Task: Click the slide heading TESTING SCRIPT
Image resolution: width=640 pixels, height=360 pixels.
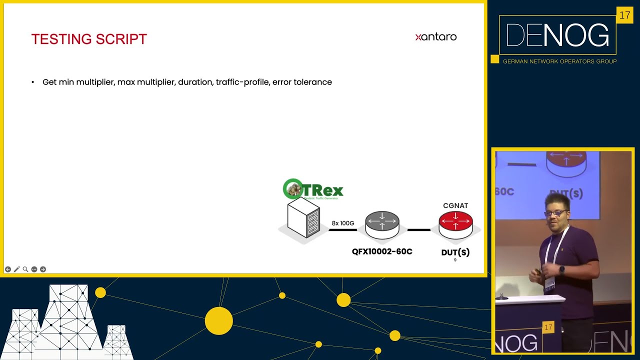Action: [x=89, y=39]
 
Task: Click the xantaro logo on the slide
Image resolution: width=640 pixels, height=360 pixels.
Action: [x=435, y=36]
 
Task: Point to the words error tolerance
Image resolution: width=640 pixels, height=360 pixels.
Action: [x=302, y=82]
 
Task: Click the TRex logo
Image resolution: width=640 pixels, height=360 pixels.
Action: [x=313, y=189]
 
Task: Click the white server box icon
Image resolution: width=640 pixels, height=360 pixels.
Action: [x=303, y=217]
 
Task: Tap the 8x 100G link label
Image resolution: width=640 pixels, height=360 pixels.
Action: [x=343, y=223]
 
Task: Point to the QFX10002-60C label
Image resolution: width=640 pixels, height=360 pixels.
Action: [x=382, y=251]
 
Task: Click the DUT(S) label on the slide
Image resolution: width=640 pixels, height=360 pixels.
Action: [x=455, y=252]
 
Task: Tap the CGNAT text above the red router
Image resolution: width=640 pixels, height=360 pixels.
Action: [x=455, y=205]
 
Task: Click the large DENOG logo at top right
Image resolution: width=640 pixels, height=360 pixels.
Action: [x=557, y=35]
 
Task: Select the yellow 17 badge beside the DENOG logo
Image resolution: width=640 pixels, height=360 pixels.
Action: [x=624, y=15]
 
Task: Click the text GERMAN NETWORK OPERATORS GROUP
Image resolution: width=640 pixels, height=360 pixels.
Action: [x=559, y=61]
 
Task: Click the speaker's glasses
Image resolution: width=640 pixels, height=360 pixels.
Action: [x=555, y=213]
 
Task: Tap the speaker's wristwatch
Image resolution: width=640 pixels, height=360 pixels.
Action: [x=562, y=269]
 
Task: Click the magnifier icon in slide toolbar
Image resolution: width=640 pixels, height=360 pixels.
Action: [x=25, y=269]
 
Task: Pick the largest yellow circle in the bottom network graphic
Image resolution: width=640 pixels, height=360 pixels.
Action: [x=218, y=320]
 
